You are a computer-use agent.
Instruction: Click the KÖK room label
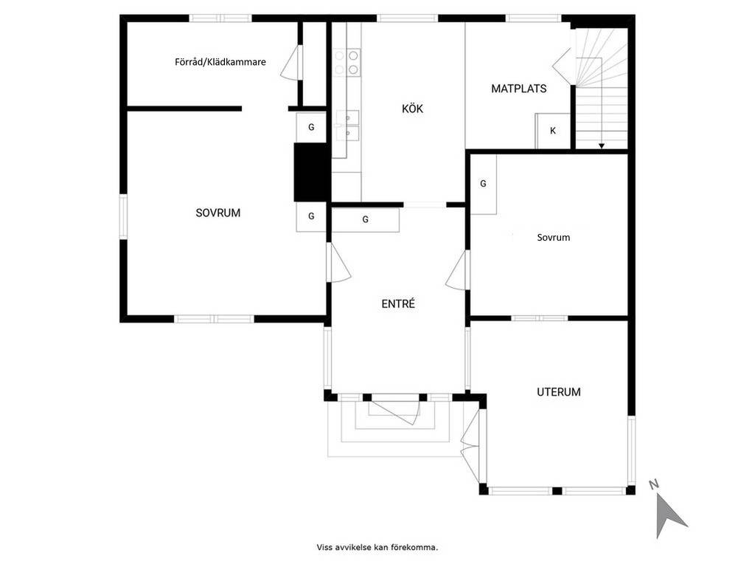(412, 109)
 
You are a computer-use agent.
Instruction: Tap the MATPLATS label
(518, 89)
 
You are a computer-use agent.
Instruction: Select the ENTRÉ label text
(397, 303)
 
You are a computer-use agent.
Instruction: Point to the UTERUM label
(559, 392)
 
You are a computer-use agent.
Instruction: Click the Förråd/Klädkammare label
(220, 62)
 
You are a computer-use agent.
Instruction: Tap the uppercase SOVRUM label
(218, 213)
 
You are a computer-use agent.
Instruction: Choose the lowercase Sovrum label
(553, 237)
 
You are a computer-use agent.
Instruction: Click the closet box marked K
(553, 131)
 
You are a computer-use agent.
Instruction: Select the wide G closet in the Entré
(366, 219)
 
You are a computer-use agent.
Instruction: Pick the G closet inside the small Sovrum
(483, 184)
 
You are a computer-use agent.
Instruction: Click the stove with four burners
(347, 63)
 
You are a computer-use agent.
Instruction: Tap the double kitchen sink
(347, 126)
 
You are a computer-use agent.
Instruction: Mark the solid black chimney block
(312, 172)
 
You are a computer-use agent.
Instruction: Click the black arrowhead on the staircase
(602, 146)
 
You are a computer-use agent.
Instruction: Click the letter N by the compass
(654, 484)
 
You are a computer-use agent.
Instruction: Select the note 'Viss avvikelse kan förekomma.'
(377, 547)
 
